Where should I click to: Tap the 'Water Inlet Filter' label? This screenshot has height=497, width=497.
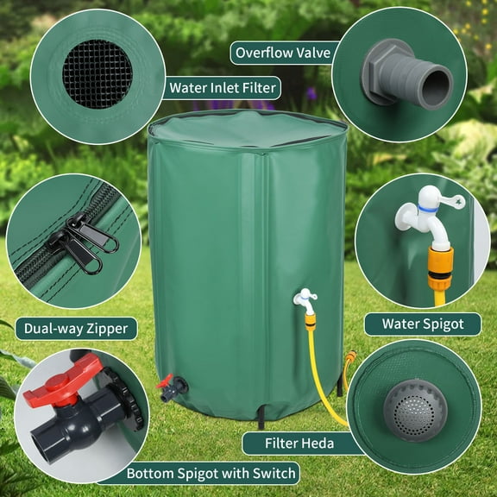coord(223,87)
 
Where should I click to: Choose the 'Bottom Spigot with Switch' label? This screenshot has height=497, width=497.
coord(211,473)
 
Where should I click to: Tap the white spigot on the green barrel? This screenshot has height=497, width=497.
coord(303,300)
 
